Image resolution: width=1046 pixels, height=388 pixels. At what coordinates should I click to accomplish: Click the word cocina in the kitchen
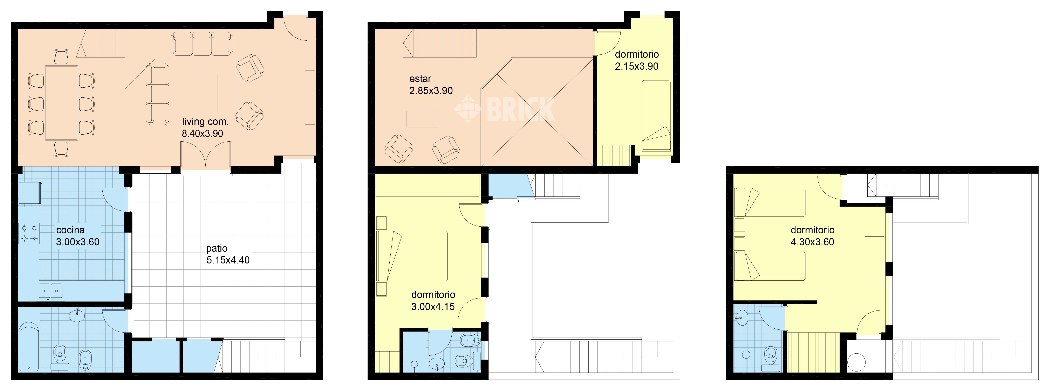pos(70,230)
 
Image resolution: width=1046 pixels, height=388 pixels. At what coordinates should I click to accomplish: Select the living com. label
pos(205,121)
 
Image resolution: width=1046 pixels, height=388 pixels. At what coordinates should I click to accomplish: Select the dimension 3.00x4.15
pos(433,307)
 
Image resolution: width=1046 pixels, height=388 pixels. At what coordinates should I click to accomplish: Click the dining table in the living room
pos(61,103)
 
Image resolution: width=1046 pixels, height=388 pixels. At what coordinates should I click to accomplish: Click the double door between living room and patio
pos(206,156)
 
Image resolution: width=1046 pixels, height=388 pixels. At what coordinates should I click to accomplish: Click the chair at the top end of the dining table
pos(61,57)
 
